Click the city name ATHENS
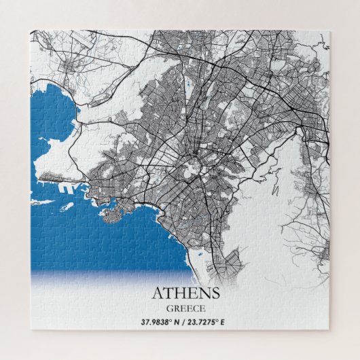[x=185, y=293]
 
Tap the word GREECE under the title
[x=185, y=308]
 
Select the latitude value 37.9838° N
[x=162, y=321]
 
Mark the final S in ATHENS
[x=215, y=293]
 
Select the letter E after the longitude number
[x=228, y=321]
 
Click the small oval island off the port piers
[x=67, y=206]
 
